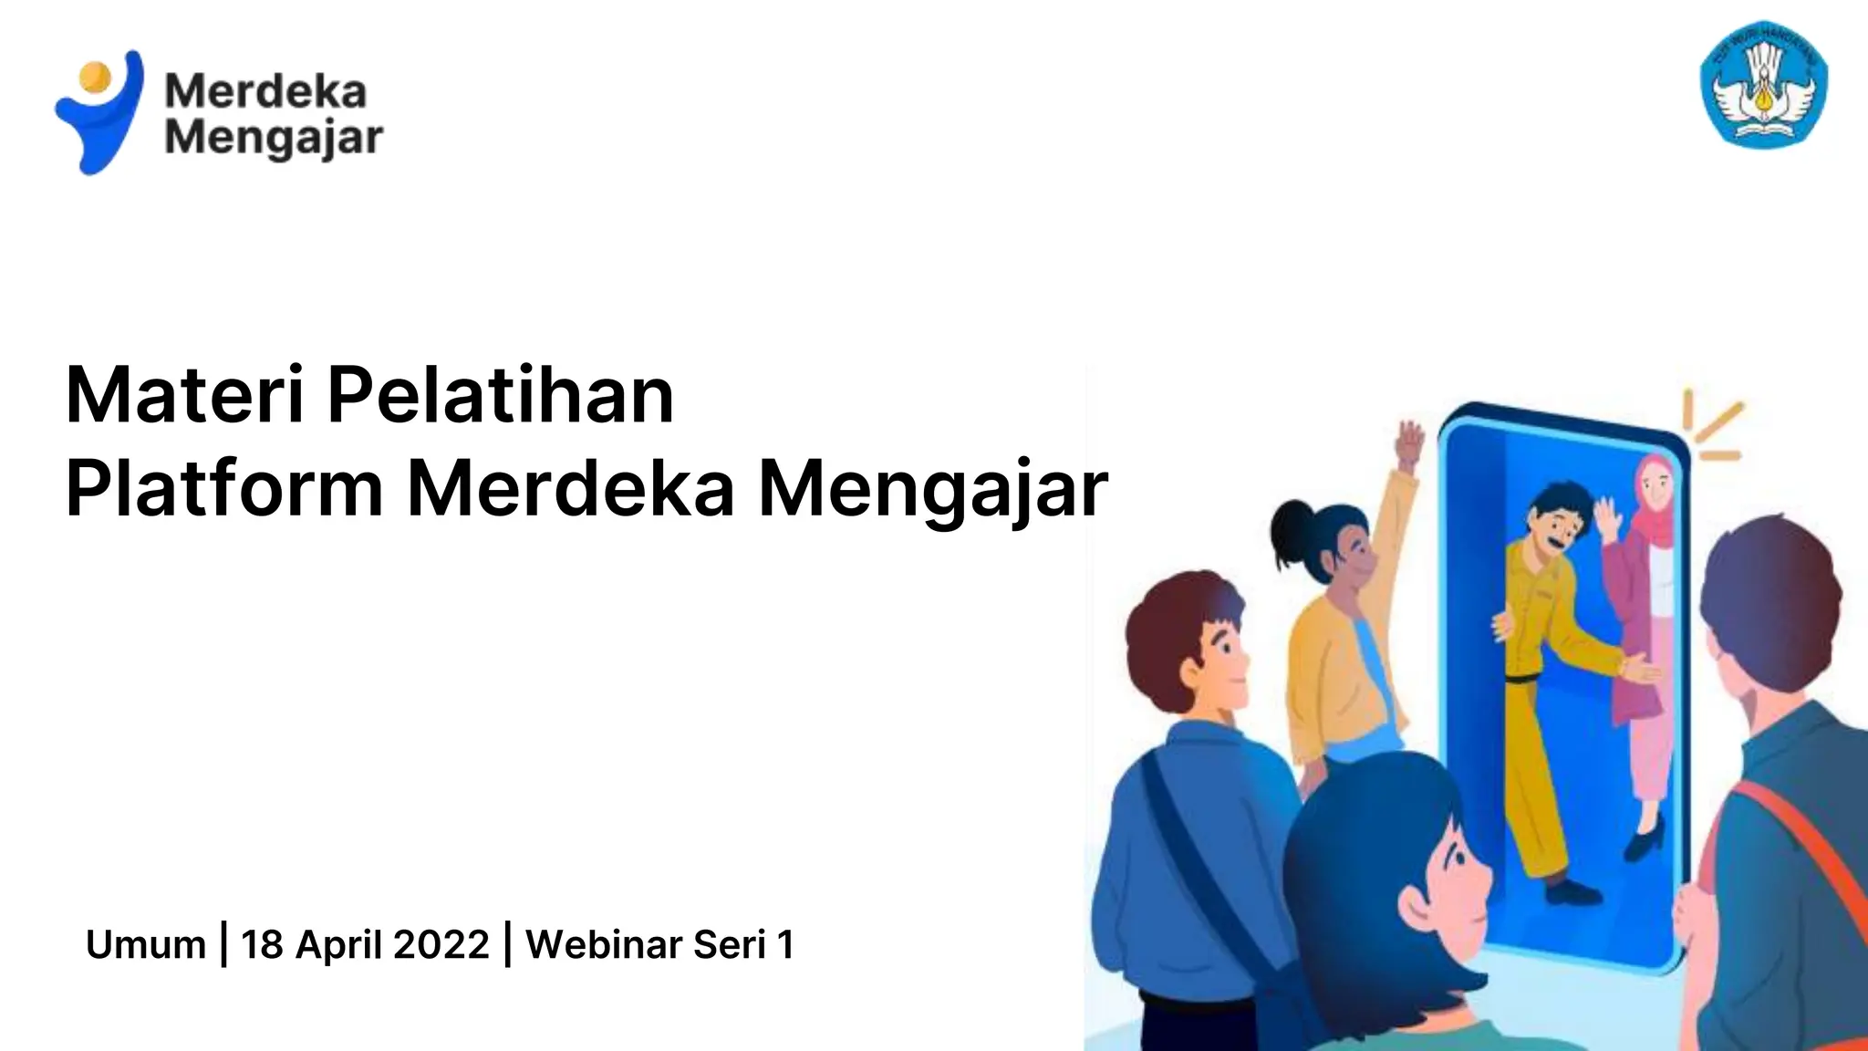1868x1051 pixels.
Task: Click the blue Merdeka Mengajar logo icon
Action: click(x=100, y=119)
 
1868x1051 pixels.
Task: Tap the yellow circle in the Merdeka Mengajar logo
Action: click(x=94, y=76)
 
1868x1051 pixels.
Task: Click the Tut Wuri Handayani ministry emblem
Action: click(x=1764, y=84)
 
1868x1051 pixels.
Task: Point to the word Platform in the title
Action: click(x=224, y=489)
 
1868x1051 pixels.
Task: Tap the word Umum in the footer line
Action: click(x=146, y=944)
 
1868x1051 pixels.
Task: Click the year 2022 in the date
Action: click(x=441, y=944)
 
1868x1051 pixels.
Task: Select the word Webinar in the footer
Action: click(x=604, y=944)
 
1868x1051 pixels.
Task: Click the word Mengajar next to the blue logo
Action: click(x=274, y=140)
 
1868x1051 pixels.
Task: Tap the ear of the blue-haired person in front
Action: click(x=1419, y=903)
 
